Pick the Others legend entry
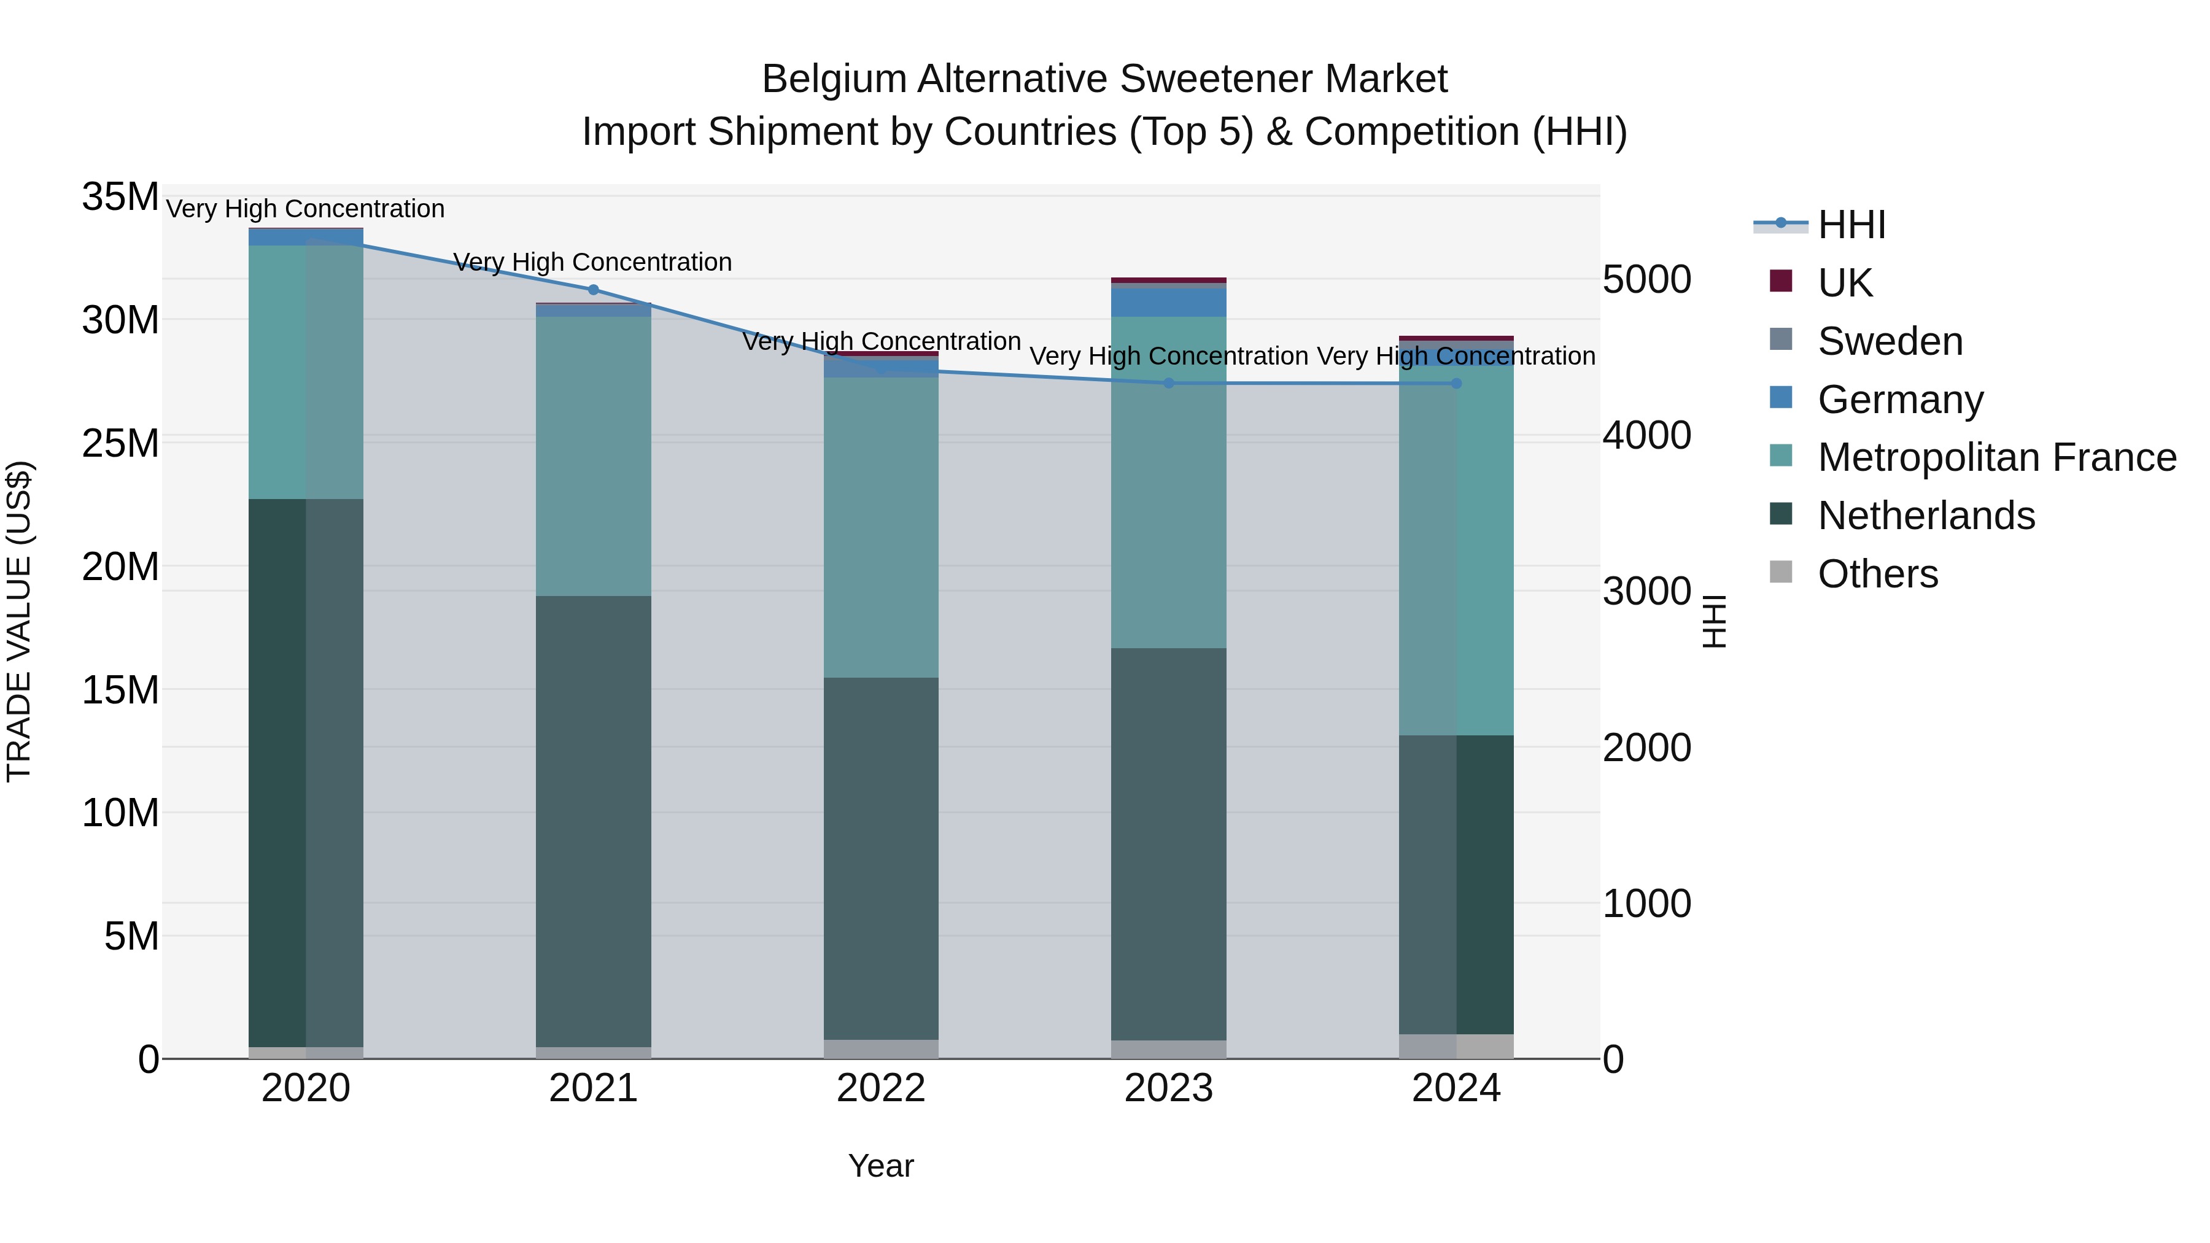point(1877,574)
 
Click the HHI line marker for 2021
point(594,290)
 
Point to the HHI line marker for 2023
point(1168,384)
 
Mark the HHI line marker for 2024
point(1456,384)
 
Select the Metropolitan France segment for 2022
point(881,527)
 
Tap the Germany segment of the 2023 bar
point(1168,302)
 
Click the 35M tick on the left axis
point(120,197)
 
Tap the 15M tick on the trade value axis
point(120,690)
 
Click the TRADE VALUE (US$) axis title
point(19,621)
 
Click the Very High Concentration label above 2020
point(306,209)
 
